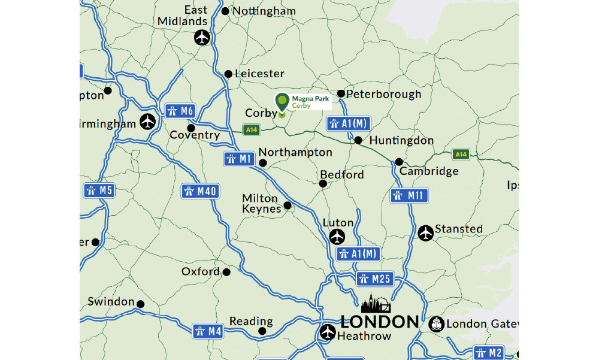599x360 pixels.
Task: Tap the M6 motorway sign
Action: coord(180,111)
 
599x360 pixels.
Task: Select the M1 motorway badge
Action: coord(239,159)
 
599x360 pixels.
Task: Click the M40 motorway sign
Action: coord(201,192)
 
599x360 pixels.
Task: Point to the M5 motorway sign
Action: coord(99,191)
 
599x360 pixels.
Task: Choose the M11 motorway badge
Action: coord(409,195)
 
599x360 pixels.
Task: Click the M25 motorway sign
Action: coord(374,279)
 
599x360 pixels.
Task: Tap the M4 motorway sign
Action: coord(208,331)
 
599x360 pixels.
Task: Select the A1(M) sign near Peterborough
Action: coord(349,124)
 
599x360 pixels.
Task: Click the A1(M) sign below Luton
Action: coord(358,253)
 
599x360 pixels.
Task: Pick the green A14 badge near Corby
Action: coord(251,129)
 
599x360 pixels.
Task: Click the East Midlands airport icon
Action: coord(202,38)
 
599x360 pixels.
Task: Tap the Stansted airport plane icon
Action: coord(425,233)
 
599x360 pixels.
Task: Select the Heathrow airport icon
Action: coord(328,332)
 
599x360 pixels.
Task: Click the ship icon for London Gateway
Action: coord(437,324)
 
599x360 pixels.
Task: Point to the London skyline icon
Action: coord(376,304)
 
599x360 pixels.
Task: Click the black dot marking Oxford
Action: coord(226,273)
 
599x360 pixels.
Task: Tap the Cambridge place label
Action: coord(429,171)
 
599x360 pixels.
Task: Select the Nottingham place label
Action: coord(264,11)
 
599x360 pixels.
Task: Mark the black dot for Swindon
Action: coord(141,304)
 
